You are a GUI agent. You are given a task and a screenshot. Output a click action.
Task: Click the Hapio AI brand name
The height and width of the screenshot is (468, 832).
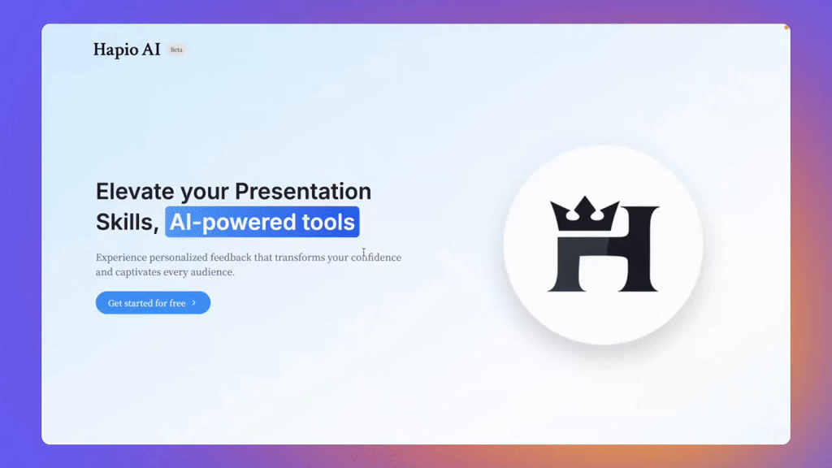point(127,50)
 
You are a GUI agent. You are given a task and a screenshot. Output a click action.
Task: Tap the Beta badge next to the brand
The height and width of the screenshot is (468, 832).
point(176,50)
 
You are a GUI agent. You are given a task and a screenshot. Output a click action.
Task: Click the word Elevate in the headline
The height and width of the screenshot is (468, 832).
point(135,192)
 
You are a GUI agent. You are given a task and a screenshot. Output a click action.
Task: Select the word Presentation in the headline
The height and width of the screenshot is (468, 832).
point(303,192)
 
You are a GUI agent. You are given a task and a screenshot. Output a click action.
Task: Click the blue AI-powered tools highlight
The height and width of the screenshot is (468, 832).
point(262,222)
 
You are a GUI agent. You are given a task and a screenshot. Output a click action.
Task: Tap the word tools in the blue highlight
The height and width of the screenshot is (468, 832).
point(328,223)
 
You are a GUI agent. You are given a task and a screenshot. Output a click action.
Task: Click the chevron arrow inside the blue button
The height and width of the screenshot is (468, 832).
point(194,303)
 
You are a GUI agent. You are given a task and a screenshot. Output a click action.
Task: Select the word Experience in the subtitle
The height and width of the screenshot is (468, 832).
point(121,258)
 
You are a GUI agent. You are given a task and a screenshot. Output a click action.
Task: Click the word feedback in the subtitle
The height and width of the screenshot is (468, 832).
point(231,258)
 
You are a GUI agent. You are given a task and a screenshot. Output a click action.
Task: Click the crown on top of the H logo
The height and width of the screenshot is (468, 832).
point(585,214)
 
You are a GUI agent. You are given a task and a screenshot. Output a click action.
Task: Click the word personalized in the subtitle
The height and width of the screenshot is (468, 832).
point(178,258)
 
